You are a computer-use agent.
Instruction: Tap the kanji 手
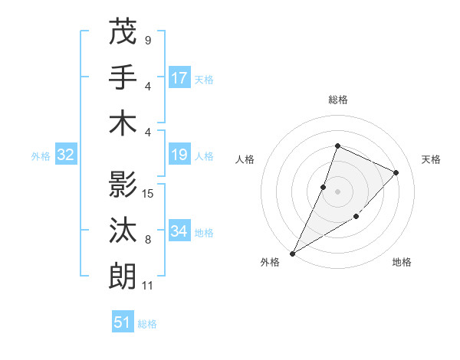[123, 77]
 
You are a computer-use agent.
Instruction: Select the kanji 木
[123, 123]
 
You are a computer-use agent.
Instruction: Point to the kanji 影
[123, 185]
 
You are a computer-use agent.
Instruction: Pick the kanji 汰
[123, 231]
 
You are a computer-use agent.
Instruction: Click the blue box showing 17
[179, 77]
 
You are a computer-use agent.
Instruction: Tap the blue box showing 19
[179, 155]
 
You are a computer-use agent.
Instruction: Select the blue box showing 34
[179, 231]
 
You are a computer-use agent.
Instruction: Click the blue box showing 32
[66, 155]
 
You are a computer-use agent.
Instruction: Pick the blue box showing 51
[123, 322]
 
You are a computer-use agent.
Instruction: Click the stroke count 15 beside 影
[149, 193]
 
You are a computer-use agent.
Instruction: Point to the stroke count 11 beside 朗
[148, 286]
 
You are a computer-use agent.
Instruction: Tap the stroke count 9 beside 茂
[147, 40]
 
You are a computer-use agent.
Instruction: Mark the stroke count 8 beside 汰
[147, 240]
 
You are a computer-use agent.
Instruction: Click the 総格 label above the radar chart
[337, 100]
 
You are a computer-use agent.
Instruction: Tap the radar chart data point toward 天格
[396, 172]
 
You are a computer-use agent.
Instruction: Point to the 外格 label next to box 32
[41, 156]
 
